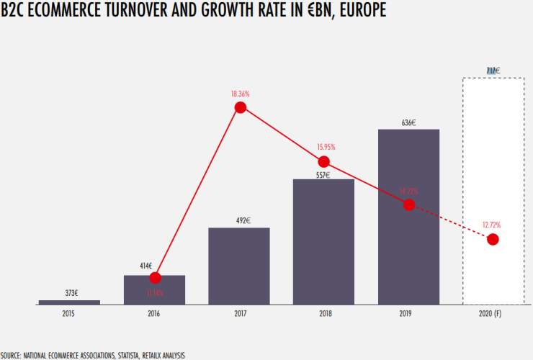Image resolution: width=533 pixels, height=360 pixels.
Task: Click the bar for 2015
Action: (69, 302)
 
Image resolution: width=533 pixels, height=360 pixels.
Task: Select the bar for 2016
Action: (154, 290)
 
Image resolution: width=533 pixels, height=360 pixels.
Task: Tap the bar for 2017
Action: (239, 266)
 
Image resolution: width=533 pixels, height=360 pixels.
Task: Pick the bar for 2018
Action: (323, 242)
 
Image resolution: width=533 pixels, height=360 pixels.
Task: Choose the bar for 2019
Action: (408, 217)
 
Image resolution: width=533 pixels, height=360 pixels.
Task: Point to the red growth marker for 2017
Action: (241, 107)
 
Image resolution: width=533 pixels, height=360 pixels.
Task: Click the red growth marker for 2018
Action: (323, 161)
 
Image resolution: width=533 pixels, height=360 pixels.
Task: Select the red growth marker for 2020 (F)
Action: (493, 239)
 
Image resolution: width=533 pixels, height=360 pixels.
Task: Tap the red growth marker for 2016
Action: (154, 278)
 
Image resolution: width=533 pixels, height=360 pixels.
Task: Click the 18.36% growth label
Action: (241, 94)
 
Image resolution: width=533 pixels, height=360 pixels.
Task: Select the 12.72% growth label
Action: (493, 224)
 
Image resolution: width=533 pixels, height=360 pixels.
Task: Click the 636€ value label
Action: (408, 122)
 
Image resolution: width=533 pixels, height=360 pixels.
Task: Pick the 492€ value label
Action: (241, 220)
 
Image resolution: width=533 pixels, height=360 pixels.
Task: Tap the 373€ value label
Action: (69, 293)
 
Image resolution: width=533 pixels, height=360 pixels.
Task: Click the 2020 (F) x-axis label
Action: (493, 315)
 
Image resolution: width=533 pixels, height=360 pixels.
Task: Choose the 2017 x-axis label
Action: (239, 315)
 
